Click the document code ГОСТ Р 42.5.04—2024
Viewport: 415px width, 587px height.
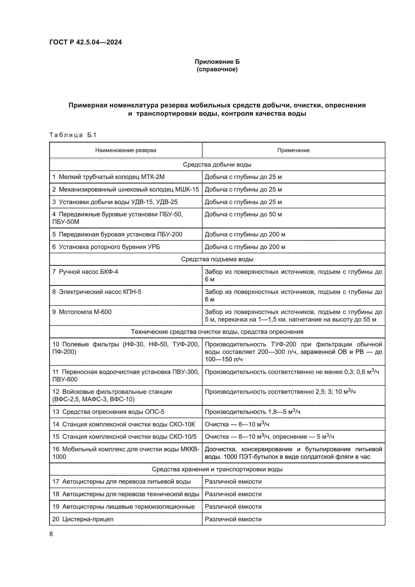point(85,42)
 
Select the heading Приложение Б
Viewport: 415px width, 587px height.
point(217,62)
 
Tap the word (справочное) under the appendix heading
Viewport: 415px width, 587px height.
point(217,69)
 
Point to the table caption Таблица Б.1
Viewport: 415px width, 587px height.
point(73,135)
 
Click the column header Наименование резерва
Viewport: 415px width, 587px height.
point(125,150)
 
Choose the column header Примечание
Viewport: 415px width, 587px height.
point(293,150)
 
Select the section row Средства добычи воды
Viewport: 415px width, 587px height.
point(217,165)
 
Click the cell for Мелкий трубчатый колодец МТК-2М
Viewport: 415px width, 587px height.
point(108,177)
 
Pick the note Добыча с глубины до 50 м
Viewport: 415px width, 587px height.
point(243,215)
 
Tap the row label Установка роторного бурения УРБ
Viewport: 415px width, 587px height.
point(106,247)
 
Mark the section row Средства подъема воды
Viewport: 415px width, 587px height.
point(217,259)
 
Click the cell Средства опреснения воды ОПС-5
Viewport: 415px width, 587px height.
point(108,412)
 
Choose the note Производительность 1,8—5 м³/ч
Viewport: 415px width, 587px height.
point(252,412)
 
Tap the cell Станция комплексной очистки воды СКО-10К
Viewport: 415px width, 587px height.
point(124,424)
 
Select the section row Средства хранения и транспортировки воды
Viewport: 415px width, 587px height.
point(217,469)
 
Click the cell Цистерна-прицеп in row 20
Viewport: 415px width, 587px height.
point(83,519)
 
